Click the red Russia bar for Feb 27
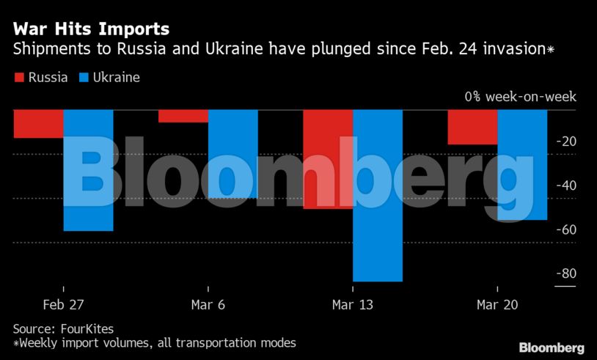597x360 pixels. [38, 124]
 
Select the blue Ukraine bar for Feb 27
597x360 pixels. [88, 170]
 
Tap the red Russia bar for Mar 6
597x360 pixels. [183, 116]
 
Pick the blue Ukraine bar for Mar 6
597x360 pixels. [232, 154]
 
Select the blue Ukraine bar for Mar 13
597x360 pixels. [378, 195]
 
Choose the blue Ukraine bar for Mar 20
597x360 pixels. [522, 165]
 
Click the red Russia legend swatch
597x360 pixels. [19, 77]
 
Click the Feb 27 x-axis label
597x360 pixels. [63, 304]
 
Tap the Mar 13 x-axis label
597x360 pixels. [353, 304]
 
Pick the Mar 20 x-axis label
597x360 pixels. [497, 304]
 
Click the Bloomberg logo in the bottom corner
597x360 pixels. [552, 347]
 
